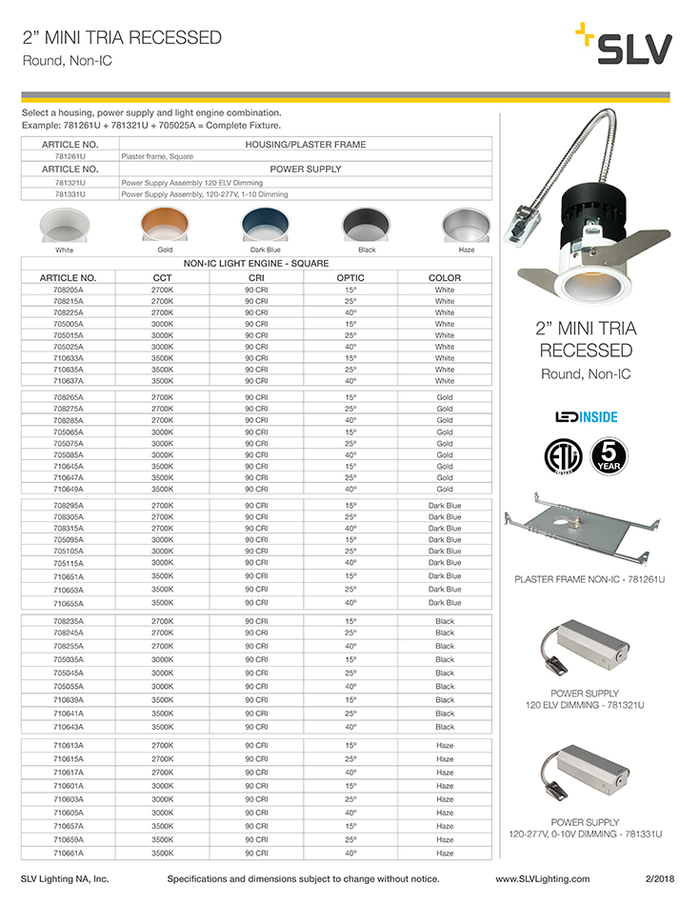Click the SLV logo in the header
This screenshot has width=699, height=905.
click(x=624, y=46)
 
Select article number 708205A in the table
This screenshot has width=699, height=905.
click(x=69, y=290)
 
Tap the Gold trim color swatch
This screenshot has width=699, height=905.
click(x=164, y=226)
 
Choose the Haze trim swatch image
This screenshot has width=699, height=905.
click(x=466, y=226)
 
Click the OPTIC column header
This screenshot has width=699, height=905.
click(x=350, y=277)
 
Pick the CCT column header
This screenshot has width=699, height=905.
click(x=162, y=277)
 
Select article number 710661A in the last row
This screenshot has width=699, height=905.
click(x=69, y=854)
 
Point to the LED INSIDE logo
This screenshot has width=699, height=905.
click(x=586, y=416)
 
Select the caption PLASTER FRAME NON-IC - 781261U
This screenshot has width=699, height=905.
click(x=589, y=579)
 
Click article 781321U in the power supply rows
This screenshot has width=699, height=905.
click(x=70, y=181)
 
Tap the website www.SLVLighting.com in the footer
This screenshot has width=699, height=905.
click(x=542, y=879)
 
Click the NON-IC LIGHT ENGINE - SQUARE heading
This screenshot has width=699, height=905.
click(x=256, y=263)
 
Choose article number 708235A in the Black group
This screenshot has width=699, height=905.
click(x=69, y=621)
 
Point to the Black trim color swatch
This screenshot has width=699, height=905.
click(x=366, y=226)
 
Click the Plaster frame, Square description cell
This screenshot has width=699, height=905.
click(x=157, y=155)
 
